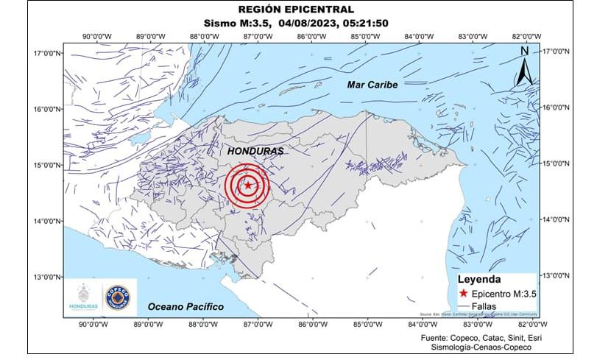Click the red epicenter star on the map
248,186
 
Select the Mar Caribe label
372,85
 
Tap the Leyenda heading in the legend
479,280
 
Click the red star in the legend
462,292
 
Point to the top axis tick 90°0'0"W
96,35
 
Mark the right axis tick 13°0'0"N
557,275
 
